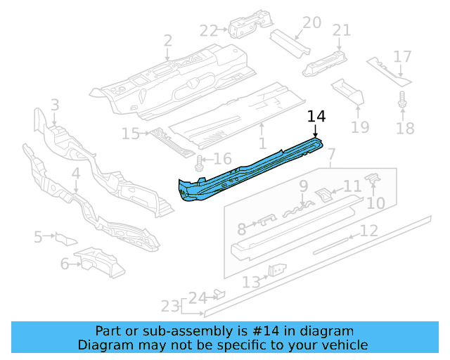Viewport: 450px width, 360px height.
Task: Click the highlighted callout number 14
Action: point(317,116)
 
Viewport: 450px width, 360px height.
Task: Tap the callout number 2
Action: point(167,41)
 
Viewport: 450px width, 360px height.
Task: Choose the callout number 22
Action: point(209,30)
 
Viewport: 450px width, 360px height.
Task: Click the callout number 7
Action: point(332,153)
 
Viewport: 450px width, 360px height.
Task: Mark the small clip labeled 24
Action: point(219,293)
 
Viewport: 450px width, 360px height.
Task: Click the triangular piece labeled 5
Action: point(65,238)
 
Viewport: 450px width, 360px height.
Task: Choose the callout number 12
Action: point(369,230)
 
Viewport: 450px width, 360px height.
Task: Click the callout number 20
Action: point(311,22)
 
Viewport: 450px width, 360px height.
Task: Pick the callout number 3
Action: point(55,105)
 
